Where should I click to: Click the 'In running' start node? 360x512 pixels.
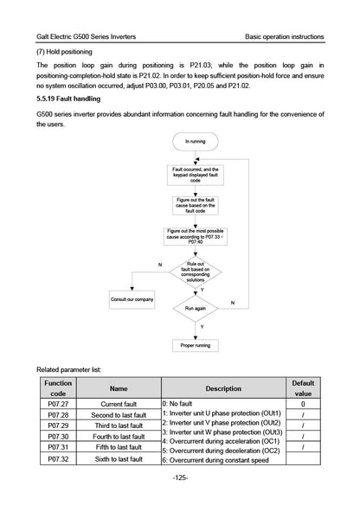pos(196,142)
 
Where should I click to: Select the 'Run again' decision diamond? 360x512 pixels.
pos(196,309)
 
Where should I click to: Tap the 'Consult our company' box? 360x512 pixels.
pos(132,299)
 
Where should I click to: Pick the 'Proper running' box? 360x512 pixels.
pos(196,345)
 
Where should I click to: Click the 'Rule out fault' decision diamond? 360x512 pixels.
pos(196,272)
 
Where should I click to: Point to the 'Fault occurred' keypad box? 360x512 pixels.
pos(196,175)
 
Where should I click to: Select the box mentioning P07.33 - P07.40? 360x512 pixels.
pos(196,236)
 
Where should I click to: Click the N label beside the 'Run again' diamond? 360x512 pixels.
pos(233,303)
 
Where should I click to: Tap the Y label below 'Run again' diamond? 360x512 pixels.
pos(202,327)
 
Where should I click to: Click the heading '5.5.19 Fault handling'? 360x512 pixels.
pos(68,99)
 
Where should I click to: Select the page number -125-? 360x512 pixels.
pos(180,477)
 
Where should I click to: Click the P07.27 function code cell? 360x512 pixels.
pos(58,404)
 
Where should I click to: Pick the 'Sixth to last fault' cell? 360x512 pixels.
pos(119,459)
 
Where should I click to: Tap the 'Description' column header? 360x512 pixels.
pos(223,388)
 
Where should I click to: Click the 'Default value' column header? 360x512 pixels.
pos(303,388)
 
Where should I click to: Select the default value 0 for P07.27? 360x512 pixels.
pos(303,404)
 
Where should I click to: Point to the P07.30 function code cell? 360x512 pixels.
pos(58,436)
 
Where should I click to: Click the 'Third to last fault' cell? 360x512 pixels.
pos(119,426)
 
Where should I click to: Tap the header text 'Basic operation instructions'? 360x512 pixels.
pos(285,36)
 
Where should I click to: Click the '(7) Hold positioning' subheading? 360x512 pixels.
pos(64,52)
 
